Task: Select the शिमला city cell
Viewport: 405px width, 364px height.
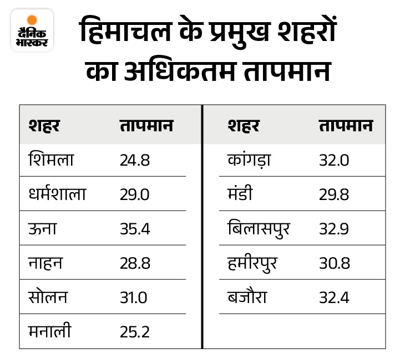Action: point(50,161)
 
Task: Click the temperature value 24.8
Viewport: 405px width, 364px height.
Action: point(135,161)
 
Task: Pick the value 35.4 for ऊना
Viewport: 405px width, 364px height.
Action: point(135,229)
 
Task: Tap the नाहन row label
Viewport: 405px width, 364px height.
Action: point(45,263)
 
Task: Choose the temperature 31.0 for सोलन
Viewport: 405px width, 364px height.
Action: point(133,297)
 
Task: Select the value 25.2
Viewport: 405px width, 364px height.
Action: point(135,331)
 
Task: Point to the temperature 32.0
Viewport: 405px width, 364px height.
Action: point(334,161)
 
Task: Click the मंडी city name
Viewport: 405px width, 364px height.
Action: point(241,194)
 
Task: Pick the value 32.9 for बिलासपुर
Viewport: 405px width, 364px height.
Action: point(334,229)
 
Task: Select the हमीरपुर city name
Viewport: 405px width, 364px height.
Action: point(252,263)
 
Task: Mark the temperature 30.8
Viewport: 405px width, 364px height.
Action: point(334,263)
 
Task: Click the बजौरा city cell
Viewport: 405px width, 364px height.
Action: point(247,297)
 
